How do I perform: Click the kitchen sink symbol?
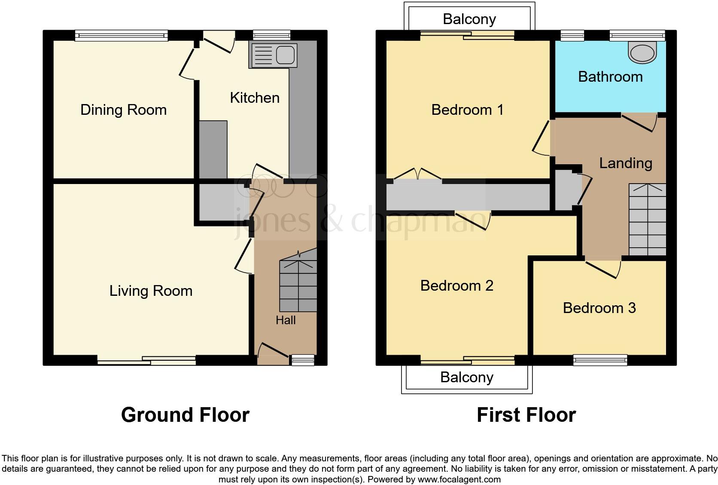coord(273,55)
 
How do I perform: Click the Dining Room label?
coord(123,110)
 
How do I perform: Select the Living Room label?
coord(151,291)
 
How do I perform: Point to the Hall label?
coord(286,320)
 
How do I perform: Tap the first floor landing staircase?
coord(647,220)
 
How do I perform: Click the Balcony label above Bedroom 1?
coord(469,19)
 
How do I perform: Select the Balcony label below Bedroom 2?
coord(467,378)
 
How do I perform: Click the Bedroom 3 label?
coord(599,308)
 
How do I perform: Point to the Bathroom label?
coord(610,77)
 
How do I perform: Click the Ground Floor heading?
coord(185,415)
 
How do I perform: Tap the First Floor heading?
coord(526,415)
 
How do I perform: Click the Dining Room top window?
coord(121,36)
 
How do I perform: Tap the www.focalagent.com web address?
coord(459,479)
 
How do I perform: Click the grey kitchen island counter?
coord(213,149)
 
